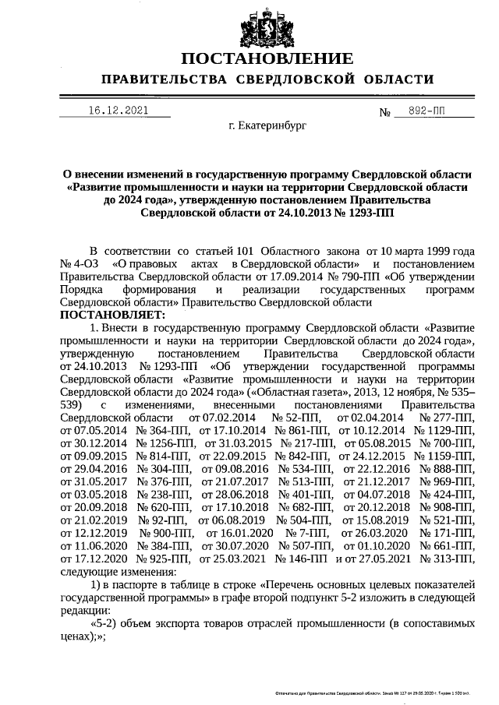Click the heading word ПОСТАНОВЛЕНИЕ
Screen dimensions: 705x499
pos(267,60)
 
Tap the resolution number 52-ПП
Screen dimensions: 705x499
pos(292,418)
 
